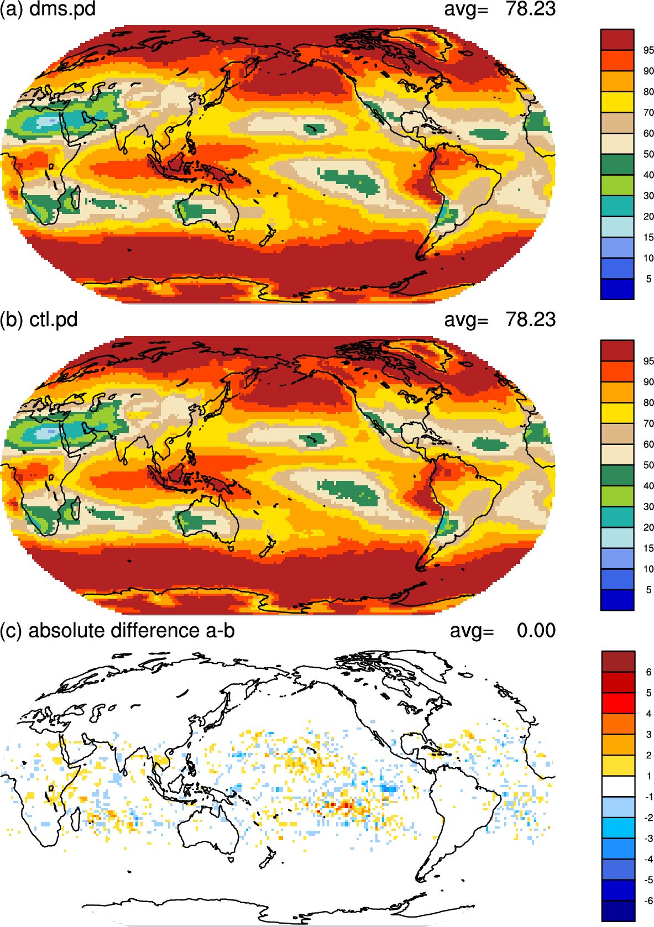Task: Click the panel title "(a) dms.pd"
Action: tap(48, 9)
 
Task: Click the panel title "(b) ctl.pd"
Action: tap(39, 320)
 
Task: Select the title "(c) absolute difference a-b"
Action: tap(117, 630)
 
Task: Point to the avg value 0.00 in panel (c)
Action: tap(536, 630)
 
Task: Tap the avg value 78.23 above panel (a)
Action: tap(531, 9)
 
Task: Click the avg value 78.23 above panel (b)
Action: tap(531, 320)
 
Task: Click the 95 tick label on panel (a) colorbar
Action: tap(648, 50)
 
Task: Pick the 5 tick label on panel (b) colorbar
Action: tap(648, 590)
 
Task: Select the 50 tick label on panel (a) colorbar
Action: tap(648, 154)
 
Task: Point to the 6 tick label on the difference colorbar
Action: tap(648, 672)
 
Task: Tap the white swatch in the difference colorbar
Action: tap(618, 786)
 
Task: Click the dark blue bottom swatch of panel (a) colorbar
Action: tap(617, 289)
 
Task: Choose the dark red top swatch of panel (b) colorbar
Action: tap(617, 350)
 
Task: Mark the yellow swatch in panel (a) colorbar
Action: tap(617, 102)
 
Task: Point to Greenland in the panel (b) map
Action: tap(431, 356)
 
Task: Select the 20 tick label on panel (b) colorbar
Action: tap(648, 527)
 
